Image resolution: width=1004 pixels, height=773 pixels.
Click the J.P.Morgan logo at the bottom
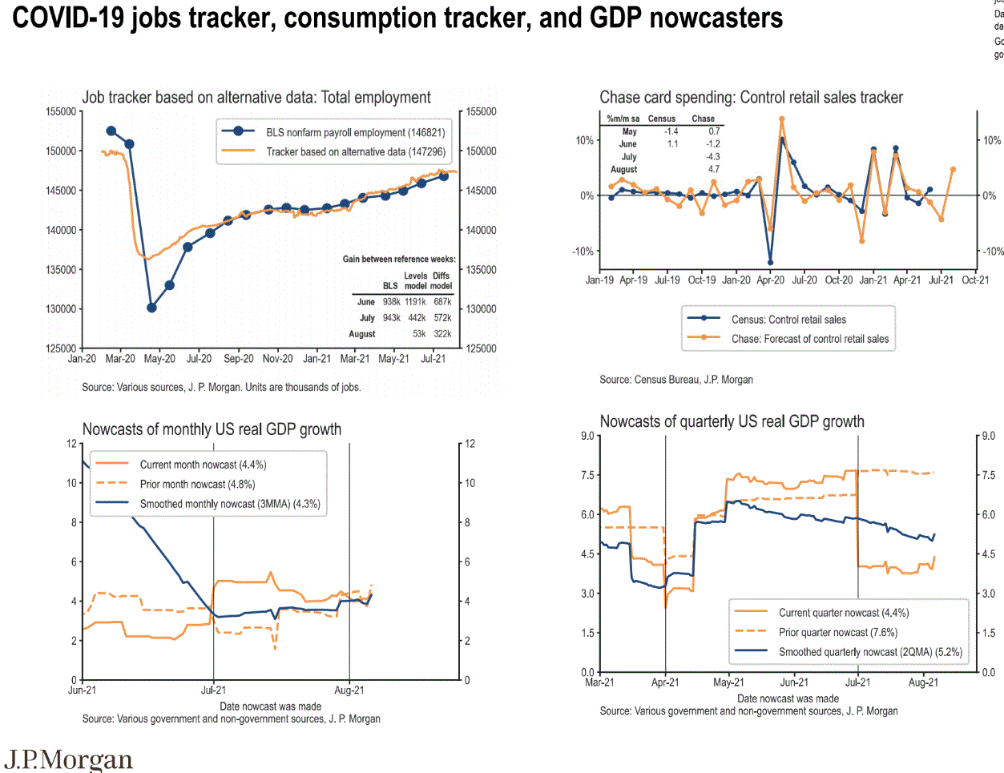click(69, 759)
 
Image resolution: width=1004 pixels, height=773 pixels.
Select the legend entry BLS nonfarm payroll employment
click(355, 132)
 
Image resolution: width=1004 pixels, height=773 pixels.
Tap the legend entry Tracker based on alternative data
click(355, 151)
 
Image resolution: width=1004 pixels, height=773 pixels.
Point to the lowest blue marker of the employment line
click(151, 308)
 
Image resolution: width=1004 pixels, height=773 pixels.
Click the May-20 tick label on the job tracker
click(159, 359)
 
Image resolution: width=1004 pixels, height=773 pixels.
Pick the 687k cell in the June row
click(442, 302)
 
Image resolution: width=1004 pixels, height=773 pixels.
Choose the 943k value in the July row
click(391, 318)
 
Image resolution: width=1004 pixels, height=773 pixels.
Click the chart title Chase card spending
click(751, 98)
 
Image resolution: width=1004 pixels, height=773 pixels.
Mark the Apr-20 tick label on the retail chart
click(771, 280)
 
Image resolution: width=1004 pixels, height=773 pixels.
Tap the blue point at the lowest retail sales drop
click(770, 262)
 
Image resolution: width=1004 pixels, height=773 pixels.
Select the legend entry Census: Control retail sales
click(788, 320)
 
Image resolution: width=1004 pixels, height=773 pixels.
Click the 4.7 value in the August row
click(714, 169)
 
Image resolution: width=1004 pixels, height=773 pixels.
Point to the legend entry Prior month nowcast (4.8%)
click(197, 484)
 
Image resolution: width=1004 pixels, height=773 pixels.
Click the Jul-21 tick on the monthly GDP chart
click(213, 690)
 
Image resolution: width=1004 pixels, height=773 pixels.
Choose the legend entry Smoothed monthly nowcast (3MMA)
click(230, 504)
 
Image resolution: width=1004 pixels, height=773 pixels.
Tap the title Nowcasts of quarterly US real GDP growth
click(732, 421)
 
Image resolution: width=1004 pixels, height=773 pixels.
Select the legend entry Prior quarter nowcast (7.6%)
click(837, 632)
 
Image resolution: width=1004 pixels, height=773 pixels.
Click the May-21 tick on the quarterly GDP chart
click(728, 682)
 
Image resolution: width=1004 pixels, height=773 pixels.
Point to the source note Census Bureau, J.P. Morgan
click(676, 380)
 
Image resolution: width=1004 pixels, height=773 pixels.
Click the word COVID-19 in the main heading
click(69, 18)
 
